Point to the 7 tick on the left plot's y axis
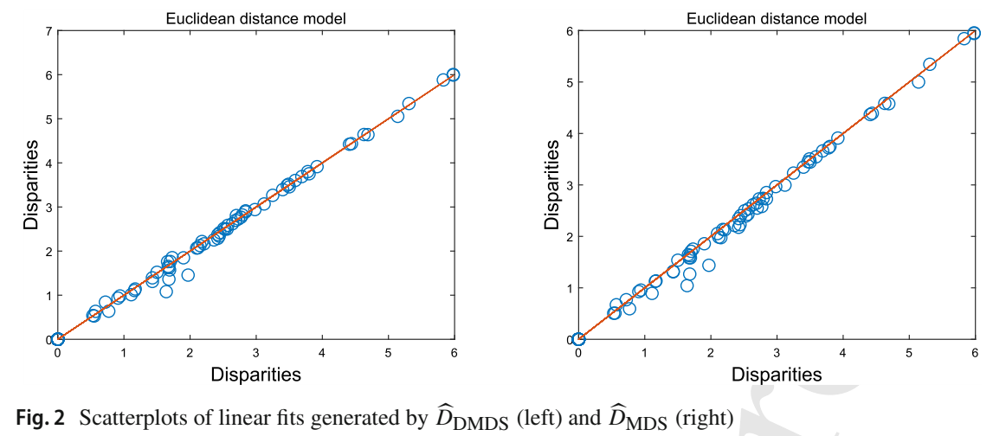pos(48,31)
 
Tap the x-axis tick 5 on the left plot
pos(388,353)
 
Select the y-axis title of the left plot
pos(31,185)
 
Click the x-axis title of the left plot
pos(255,375)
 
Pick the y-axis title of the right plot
pos(551,185)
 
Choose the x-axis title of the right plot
pos(777,375)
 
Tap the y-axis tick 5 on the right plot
pos(569,82)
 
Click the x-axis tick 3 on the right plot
pos(777,353)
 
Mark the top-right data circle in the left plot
pos(453,75)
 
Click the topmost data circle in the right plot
pos(974,34)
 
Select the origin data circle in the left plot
pos(58,339)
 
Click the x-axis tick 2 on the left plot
pos(190,353)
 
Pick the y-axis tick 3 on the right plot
pos(569,185)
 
